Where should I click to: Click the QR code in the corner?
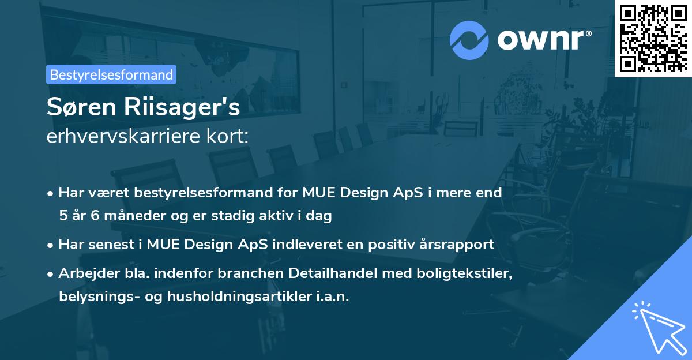(653, 38)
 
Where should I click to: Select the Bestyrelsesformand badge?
(111, 74)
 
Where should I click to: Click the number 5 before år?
(62, 216)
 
